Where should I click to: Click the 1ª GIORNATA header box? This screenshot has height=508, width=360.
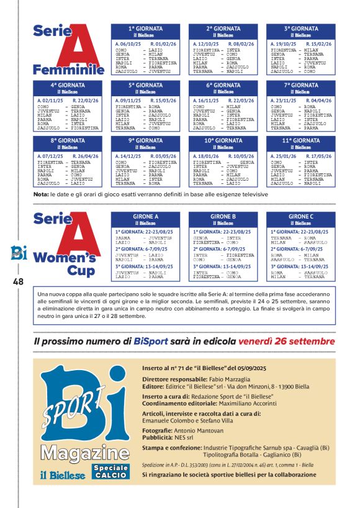[x=145, y=29]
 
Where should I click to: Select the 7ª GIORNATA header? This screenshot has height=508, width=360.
[x=301, y=86]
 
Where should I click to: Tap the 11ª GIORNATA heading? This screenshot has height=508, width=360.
[x=301, y=141]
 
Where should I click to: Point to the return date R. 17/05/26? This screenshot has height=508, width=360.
[x=318, y=156]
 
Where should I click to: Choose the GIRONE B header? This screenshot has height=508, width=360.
[x=223, y=217]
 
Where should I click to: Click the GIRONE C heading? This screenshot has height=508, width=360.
[x=301, y=217]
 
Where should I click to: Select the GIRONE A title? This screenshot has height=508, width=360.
[x=145, y=217]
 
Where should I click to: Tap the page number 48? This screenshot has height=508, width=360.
[x=17, y=281]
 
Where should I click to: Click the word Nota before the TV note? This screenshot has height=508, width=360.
[x=41, y=194]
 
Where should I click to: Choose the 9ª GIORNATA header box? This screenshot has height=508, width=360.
[x=145, y=141]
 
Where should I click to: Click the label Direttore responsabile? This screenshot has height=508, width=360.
[x=174, y=379]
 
